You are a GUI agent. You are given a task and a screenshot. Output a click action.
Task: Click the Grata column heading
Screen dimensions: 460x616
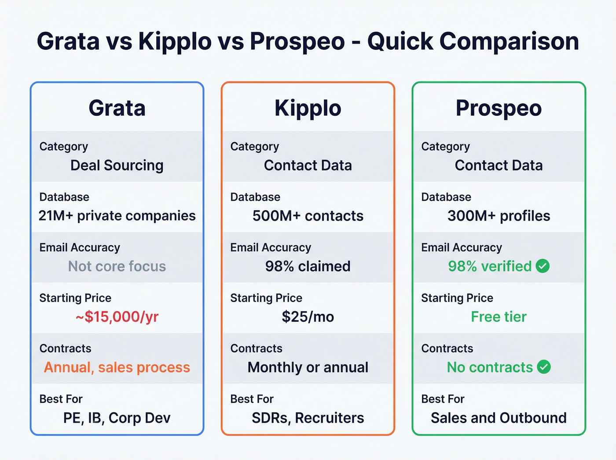117,108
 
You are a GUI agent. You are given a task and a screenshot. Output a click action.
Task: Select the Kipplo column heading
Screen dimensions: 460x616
308,108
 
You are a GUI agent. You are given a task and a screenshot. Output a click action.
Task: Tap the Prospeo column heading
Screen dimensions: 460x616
499,108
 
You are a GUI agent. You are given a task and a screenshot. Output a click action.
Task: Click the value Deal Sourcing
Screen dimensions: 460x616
117,166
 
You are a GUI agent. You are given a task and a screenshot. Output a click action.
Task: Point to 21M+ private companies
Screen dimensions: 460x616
117,216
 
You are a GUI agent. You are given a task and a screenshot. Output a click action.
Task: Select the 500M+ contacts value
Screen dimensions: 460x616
308,216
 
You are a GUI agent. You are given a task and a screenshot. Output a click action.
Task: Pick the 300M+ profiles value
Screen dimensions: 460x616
499,216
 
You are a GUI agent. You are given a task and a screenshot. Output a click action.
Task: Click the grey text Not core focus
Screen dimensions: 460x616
117,266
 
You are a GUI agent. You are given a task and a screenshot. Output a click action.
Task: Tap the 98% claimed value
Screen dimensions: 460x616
308,266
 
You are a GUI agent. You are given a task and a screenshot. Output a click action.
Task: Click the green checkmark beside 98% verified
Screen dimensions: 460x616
543,266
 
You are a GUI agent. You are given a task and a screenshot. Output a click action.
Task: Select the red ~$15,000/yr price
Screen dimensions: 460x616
117,317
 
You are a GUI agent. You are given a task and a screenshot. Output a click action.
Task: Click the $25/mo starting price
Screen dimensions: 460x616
308,317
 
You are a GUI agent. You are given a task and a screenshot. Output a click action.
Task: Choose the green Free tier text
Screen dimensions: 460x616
499,317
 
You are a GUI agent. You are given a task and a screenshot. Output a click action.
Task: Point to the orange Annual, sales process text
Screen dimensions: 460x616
117,367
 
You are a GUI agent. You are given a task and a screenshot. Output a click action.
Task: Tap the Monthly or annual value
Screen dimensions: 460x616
308,367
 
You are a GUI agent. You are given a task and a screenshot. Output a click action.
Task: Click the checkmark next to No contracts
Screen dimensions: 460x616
544,367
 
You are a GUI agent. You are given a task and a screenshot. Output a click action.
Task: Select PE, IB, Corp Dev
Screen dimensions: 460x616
117,418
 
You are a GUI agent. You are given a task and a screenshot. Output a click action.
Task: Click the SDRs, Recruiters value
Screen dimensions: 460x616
308,418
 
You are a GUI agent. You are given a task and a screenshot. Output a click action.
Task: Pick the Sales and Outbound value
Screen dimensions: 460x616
499,418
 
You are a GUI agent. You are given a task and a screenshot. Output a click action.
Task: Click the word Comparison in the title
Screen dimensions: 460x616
509,42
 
